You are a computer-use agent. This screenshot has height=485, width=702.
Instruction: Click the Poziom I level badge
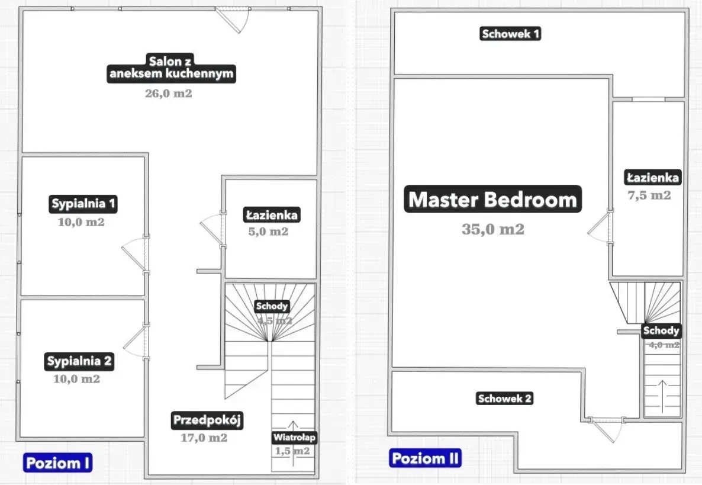coord(58,462)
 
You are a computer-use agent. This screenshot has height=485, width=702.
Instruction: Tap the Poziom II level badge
coord(425,458)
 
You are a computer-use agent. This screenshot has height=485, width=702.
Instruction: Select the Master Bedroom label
coord(492,200)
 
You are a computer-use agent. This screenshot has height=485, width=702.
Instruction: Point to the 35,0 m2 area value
coord(492,230)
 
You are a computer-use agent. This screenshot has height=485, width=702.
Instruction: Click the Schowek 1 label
coord(510,34)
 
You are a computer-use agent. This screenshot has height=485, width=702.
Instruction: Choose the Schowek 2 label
coord(504,399)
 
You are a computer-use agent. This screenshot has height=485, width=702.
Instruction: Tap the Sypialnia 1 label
coord(83,205)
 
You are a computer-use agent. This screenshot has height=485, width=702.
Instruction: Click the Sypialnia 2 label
coord(79,361)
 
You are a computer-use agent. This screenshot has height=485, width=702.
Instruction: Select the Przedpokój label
coord(208,420)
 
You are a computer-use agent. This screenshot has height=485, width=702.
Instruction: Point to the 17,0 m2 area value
coord(204,438)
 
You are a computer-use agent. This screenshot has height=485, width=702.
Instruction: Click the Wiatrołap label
coord(294,438)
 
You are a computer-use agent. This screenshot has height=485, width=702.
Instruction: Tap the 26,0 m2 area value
coord(168,93)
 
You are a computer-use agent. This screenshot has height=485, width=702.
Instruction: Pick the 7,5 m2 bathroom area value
coord(649,195)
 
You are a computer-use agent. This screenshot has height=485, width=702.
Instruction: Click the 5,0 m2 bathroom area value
coord(268,232)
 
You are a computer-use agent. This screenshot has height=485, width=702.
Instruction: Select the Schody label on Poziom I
coord(272,306)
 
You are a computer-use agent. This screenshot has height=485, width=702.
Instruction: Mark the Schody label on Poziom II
coord(661,330)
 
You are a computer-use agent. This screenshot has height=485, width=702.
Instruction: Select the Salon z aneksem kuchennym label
coord(172,68)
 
